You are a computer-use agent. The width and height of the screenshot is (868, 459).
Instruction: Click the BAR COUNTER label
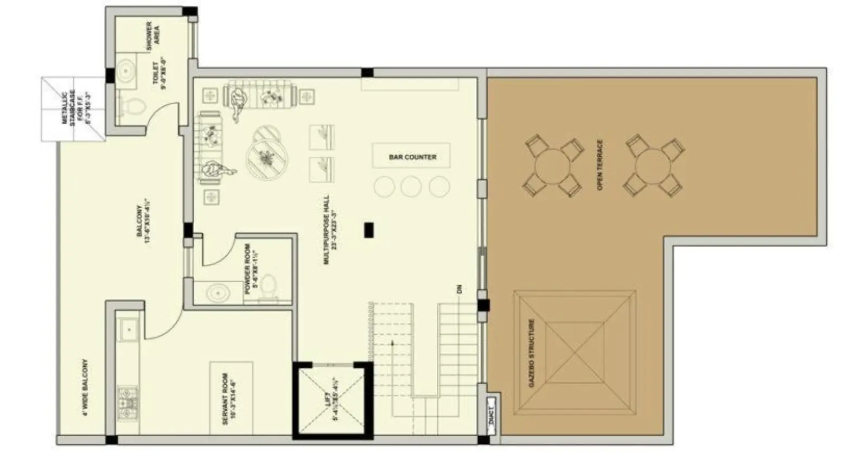tap(412, 157)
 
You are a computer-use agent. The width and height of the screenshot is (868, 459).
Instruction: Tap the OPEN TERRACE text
tap(600, 164)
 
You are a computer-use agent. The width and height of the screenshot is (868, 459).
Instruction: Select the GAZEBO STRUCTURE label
tap(532, 353)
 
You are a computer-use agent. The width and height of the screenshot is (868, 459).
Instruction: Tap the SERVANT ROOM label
tap(229, 398)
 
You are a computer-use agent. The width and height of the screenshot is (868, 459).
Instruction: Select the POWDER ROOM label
tap(251, 269)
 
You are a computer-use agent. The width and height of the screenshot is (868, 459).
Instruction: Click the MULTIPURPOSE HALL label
tap(330, 230)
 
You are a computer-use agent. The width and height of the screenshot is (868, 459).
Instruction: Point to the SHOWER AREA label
tap(153, 34)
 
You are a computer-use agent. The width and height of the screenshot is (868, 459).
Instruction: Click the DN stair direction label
tap(459, 289)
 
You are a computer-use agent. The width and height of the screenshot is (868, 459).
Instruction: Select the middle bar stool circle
tap(411, 187)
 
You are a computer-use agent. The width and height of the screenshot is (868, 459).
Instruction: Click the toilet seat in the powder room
tap(269, 285)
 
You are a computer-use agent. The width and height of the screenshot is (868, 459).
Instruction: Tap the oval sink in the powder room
tap(218, 294)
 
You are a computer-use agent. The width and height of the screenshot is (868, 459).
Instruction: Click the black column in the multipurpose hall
tap(369, 229)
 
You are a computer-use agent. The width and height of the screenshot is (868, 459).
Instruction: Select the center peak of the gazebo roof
tap(574, 353)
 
